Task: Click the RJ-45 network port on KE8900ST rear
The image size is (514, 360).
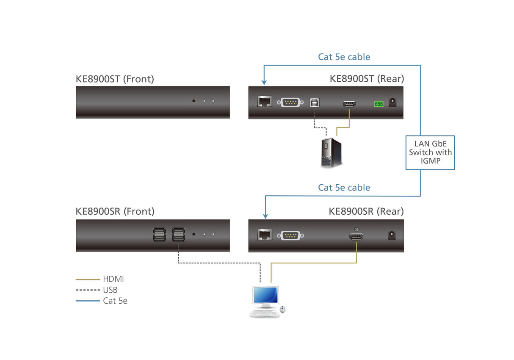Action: click(265, 102)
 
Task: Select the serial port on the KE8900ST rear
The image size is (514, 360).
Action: click(290, 102)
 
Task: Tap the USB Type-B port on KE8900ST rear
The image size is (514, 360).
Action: click(314, 102)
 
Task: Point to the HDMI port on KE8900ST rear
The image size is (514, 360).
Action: click(349, 103)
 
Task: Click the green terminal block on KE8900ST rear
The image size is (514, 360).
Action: click(378, 104)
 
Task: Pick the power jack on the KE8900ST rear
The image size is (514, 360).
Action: click(392, 102)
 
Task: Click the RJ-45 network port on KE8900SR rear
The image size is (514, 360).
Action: click(265, 235)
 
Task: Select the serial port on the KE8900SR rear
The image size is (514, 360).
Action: click(290, 235)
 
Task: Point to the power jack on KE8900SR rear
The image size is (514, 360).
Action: click(392, 235)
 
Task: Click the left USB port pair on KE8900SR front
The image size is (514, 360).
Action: click(159, 235)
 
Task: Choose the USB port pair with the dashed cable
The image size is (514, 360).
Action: click(178, 235)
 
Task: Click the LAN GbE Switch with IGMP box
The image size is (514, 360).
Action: click(430, 152)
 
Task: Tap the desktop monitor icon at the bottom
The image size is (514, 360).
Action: click(265, 296)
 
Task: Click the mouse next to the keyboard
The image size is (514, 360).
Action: click(283, 310)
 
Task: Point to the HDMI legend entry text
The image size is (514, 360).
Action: click(113, 279)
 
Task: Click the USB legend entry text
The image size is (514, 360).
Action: click(110, 290)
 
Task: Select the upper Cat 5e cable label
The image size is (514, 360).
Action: click(344, 57)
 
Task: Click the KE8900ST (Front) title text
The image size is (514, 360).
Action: click(115, 79)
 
